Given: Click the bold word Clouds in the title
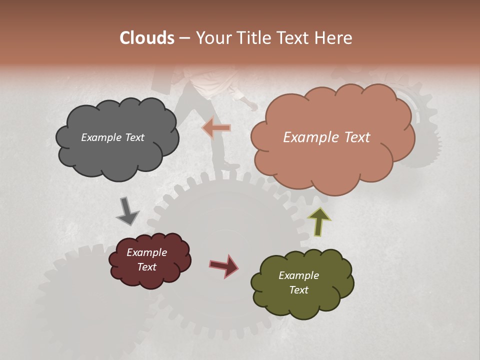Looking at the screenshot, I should click(x=147, y=38).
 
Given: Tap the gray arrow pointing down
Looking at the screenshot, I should click(x=127, y=211).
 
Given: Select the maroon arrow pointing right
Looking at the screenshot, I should click(x=224, y=265).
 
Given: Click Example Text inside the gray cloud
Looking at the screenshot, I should click(x=112, y=137).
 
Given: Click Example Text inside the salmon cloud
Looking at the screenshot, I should click(x=326, y=137).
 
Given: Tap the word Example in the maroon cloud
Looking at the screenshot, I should click(x=146, y=252).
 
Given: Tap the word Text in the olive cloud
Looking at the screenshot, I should click(x=298, y=290).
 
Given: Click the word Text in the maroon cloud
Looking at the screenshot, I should click(x=146, y=267).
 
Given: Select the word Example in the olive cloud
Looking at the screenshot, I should click(x=298, y=275).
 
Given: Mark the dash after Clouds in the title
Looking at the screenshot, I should click(x=184, y=38).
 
